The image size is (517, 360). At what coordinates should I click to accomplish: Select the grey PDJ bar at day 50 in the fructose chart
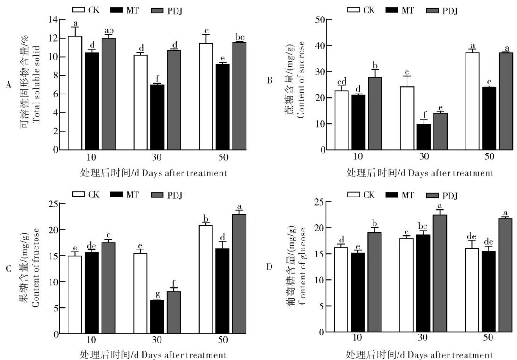pos(239,274)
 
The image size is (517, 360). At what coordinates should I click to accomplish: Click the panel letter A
pos(8,85)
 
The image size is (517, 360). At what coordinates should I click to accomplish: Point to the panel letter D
pos(269,266)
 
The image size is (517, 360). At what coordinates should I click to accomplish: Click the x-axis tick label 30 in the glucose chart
pos(424,338)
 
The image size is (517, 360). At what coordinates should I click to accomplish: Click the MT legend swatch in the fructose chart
pos(117,194)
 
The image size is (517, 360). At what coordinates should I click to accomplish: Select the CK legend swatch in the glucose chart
pos(354,195)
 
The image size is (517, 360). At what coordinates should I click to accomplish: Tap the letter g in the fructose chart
pos(157,295)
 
